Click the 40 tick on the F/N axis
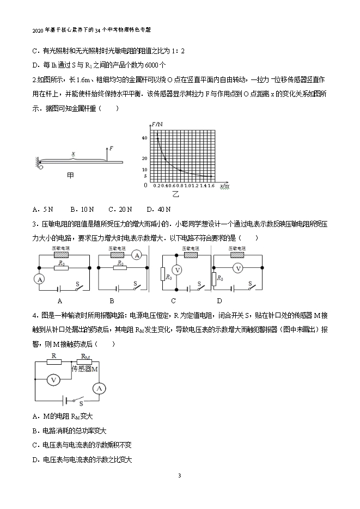(x=144, y=138)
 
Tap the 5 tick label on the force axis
(x=145, y=175)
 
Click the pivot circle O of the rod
(x=41, y=167)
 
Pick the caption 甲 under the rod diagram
(x=70, y=175)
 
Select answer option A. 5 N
(x=43, y=209)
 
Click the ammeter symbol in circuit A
(x=39, y=279)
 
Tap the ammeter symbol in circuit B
(x=137, y=255)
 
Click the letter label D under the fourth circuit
(x=219, y=301)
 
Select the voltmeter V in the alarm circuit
(x=53, y=380)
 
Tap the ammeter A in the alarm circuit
(x=98, y=388)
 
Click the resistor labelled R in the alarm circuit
(x=54, y=361)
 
